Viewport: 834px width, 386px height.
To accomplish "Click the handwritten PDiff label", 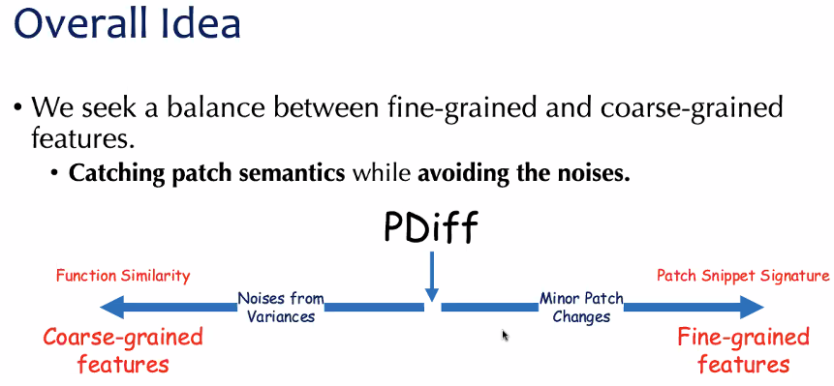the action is (x=431, y=227).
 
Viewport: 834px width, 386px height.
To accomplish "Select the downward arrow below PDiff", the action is (x=432, y=277).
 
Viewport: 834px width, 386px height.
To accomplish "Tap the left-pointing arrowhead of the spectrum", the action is (x=112, y=307).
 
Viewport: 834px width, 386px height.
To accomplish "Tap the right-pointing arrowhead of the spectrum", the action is (x=752, y=307).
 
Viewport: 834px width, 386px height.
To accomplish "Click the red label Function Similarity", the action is (x=123, y=276).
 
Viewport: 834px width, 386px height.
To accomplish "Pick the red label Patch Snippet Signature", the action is (x=743, y=276).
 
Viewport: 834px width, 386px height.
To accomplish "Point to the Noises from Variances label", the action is (x=281, y=308).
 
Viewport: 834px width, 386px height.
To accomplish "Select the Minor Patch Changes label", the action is (x=581, y=308).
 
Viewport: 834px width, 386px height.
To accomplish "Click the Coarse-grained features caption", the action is (x=123, y=351).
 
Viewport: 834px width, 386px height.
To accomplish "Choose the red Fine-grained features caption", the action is (x=743, y=351).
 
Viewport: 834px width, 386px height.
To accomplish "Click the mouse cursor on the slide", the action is (x=505, y=335).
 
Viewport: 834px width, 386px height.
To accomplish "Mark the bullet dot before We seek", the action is (x=19, y=109).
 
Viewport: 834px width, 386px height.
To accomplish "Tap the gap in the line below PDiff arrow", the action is (x=432, y=307).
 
